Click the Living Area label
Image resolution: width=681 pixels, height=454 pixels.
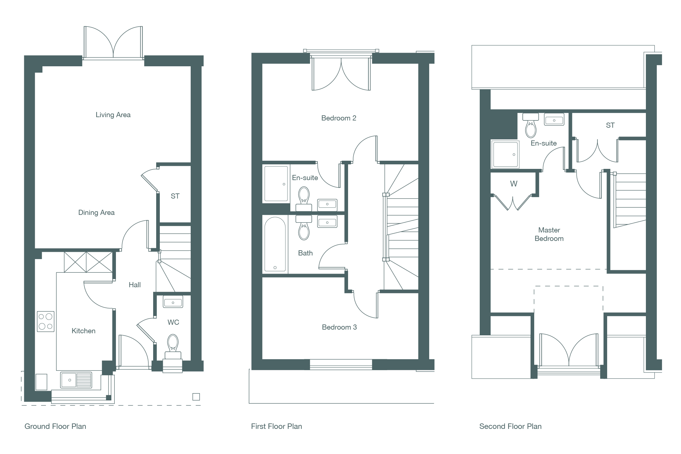click(113, 115)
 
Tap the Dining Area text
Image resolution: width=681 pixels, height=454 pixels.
click(96, 212)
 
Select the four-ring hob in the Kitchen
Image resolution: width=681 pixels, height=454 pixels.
click(46, 321)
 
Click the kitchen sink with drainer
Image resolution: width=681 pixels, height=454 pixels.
click(76, 380)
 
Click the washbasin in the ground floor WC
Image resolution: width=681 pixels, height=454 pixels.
click(173, 302)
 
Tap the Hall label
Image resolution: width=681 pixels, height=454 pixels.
click(135, 285)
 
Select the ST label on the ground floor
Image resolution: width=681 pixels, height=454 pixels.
click(175, 196)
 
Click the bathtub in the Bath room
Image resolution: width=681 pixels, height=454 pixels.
click(275, 244)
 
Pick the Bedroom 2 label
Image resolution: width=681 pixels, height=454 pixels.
click(339, 118)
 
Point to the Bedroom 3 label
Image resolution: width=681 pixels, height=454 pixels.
click(339, 327)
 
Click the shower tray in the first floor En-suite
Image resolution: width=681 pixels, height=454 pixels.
click(276, 183)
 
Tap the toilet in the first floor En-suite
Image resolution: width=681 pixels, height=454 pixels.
click(304, 199)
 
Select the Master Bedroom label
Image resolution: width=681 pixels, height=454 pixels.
click(549, 234)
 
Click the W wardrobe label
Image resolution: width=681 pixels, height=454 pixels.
click(514, 184)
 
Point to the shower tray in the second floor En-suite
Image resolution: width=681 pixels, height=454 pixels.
click(505, 154)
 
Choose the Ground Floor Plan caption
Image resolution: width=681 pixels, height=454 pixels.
click(55, 426)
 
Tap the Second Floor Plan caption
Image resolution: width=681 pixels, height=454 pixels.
click(510, 426)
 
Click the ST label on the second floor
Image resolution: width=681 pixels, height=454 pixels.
click(610, 125)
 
